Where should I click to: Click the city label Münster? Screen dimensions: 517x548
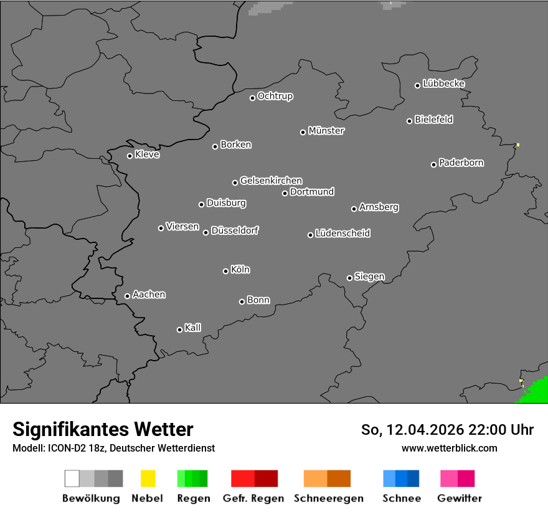point(326,131)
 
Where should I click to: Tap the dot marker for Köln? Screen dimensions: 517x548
point(225,271)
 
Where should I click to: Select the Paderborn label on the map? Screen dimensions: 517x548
point(461,163)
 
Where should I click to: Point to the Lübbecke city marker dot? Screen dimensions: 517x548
point(418,85)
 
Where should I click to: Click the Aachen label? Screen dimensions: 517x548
point(149,295)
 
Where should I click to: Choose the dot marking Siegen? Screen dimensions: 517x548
point(349,278)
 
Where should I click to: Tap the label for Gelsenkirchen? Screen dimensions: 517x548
point(271,181)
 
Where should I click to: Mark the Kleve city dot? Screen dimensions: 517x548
point(130,156)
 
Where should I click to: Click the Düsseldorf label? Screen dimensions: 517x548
point(235,230)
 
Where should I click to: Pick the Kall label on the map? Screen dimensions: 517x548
point(193,328)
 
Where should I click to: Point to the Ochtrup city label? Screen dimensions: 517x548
point(275,96)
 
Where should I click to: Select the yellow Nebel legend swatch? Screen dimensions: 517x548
point(148,478)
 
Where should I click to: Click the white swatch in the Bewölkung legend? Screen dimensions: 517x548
point(72,478)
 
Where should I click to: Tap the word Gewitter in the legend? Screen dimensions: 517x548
point(460,498)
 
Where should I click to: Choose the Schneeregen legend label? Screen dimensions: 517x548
point(329,498)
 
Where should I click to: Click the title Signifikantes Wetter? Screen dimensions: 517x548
point(103,429)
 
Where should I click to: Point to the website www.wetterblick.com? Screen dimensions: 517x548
point(449,448)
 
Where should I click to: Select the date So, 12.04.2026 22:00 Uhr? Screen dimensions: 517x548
point(447,430)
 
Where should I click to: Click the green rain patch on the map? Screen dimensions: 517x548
point(536,392)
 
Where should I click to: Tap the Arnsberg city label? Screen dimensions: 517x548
point(379,207)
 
